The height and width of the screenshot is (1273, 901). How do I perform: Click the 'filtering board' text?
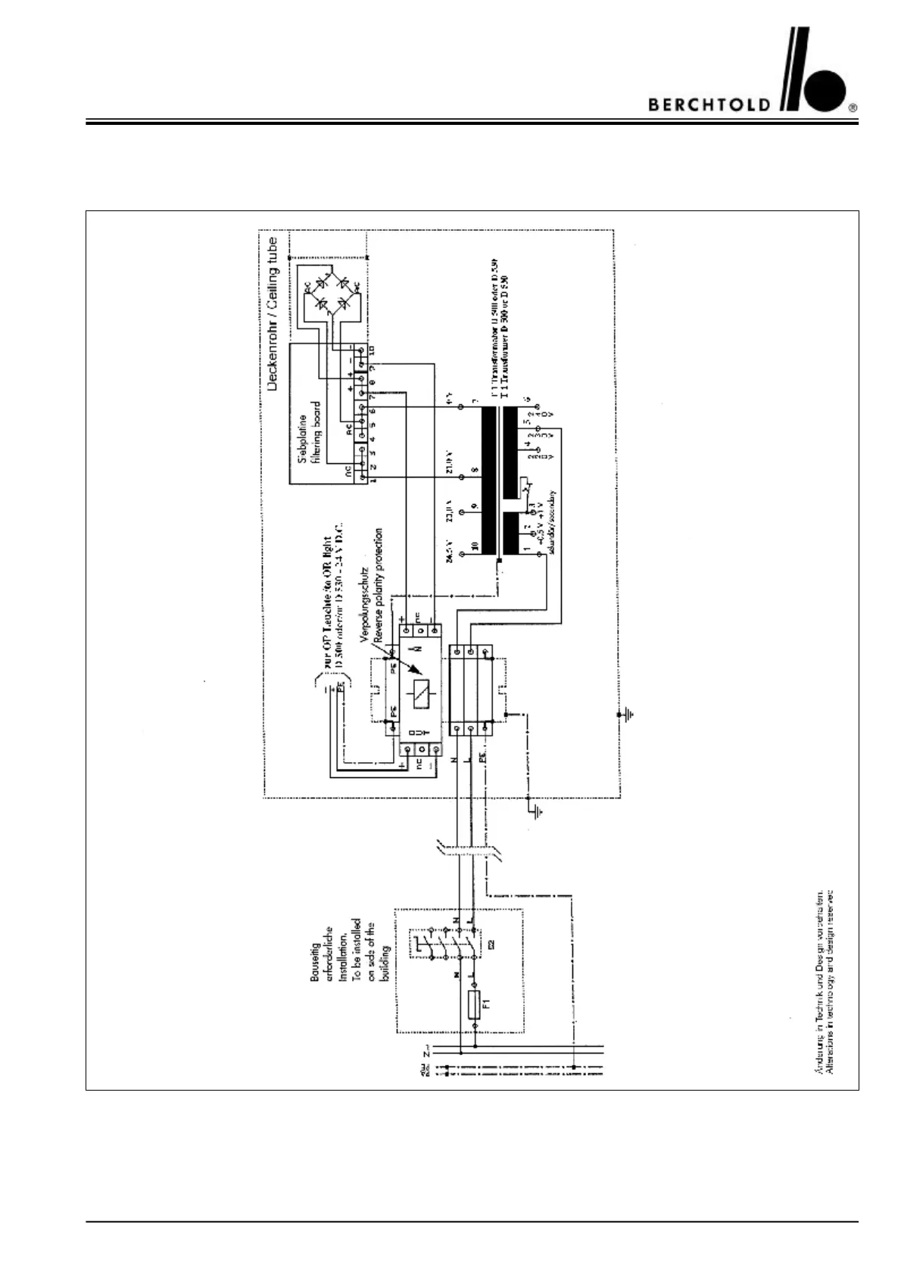(x=314, y=438)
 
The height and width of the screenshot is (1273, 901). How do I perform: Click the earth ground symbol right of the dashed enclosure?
(x=628, y=714)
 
